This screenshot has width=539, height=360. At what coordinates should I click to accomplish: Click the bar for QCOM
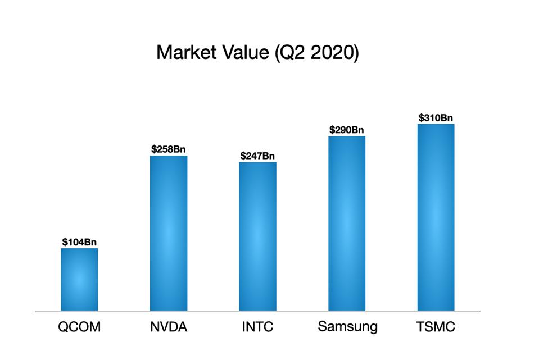point(79,279)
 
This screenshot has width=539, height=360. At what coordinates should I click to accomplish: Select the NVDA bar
point(169,233)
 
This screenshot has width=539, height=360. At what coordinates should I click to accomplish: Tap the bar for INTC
point(257,236)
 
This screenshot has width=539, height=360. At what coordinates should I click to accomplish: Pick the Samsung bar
point(347,223)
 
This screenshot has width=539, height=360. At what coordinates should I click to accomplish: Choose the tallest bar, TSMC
point(436,217)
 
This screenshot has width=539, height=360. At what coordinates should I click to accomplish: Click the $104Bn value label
point(79,243)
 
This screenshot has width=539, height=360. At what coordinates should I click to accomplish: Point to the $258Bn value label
point(169,149)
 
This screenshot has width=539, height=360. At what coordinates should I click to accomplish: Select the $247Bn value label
point(257,156)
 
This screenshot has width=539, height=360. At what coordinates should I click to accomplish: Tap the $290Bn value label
point(347,130)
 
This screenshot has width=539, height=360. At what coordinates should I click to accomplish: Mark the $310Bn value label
point(436,118)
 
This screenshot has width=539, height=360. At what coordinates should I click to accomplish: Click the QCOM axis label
point(79,327)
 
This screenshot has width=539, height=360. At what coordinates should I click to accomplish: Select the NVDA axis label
point(169,327)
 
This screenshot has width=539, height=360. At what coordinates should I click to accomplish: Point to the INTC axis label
point(257,327)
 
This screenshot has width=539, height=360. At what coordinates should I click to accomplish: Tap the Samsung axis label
point(347,327)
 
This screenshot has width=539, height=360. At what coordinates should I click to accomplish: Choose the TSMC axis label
point(436,327)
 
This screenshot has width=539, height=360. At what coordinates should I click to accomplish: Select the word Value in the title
point(242,52)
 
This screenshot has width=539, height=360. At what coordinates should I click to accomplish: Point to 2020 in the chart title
point(333,53)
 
